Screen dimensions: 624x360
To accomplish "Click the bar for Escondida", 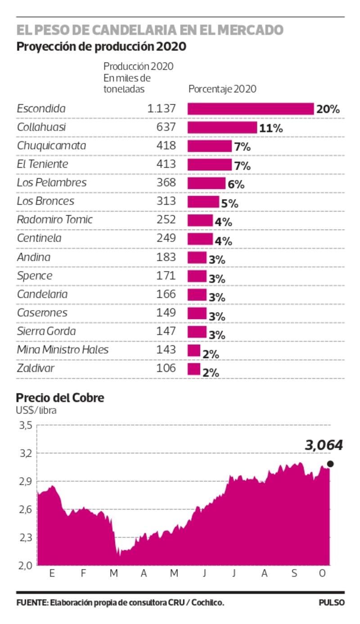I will click(x=250, y=109).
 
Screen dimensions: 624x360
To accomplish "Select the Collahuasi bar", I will click(x=222, y=128).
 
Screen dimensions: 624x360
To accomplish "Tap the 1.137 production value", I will click(x=161, y=109).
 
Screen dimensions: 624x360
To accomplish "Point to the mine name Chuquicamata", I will click(x=51, y=146).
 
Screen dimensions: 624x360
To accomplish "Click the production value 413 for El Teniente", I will click(x=166, y=164).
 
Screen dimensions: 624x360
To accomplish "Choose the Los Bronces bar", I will click(x=203, y=202).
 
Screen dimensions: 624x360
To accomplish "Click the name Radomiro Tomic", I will click(x=54, y=220).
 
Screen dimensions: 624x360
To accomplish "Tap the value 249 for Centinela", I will click(x=166, y=238).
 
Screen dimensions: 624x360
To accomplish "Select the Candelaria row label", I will click(x=42, y=294).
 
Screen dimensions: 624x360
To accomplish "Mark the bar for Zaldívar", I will click(x=194, y=370).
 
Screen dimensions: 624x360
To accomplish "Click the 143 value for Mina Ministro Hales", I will click(x=166, y=350).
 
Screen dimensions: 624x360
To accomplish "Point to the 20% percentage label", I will click(x=328, y=109).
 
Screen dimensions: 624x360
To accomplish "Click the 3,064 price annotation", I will click(x=324, y=445).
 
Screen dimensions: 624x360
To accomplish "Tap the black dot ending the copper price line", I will click(x=330, y=464).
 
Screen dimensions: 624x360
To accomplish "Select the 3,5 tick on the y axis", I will click(x=25, y=425).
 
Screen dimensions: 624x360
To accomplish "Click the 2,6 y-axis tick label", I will click(x=25, y=510).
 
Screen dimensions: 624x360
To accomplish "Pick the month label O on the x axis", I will click(x=322, y=574).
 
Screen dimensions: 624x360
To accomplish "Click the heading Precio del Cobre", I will click(x=60, y=398).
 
